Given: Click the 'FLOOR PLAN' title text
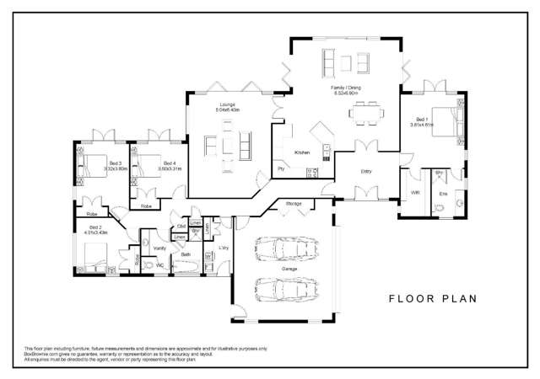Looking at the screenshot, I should click(433, 298).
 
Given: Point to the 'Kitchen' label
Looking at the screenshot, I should click(302, 152).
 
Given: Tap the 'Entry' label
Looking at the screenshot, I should click(365, 171).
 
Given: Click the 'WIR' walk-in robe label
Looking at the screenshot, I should click(415, 193).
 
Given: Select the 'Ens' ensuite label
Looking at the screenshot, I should click(443, 194).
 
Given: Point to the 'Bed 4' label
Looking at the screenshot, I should click(169, 163).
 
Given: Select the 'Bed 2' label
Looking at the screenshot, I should click(95, 228).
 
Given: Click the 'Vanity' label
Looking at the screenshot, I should click(159, 248).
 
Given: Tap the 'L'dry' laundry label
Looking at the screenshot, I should click(224, 248).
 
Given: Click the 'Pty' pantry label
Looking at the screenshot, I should click(281, 169).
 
